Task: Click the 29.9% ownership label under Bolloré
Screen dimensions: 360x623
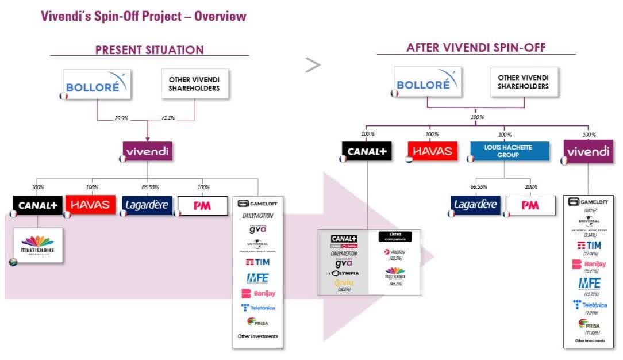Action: pyautogui.click(x=121, y=118)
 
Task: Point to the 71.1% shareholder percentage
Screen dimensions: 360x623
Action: pyautogui.click(x=167, y=118)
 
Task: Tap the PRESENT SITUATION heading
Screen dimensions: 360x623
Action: pyautogui.click(x=149, y=50)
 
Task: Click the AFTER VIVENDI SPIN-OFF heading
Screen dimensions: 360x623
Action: pyautogui.click(x=476, y=48)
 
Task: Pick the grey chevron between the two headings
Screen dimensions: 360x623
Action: pyautogui.click(x=313, y=66)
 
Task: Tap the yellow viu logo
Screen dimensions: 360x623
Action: pyautogui.click(x=344, y=282)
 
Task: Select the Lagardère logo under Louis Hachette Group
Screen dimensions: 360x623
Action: pyautogui.click(x=476, y=205)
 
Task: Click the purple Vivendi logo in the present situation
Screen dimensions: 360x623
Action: pyautogui.click(x=148, y=152)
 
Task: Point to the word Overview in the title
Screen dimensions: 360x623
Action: pyautogui.click(x=220, y=16)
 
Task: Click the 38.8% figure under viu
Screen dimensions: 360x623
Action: pyautogui.click(x=344, y=289)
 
